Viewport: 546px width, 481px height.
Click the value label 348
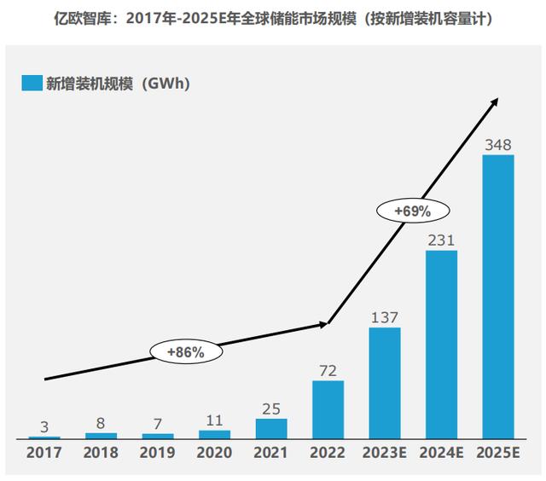(x=498, y=144)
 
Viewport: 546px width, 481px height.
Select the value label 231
(x=441, y=240)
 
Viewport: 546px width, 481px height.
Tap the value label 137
(x=385, y=317)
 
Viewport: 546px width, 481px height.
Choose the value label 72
(x=328, y=371)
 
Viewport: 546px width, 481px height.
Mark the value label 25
(x=271, y=409)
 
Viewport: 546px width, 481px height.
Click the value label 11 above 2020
(x=214, y=420)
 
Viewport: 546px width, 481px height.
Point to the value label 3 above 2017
(x=44, y=426)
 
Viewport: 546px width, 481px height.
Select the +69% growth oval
(x=411, y=210)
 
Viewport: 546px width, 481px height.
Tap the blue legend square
(x=32, y=83)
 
